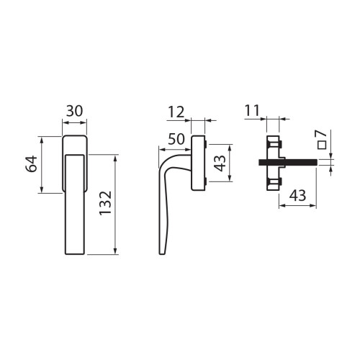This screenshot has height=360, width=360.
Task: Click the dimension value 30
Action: pyautogui.click(x=74, y=111)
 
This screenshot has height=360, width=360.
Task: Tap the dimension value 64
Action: pyautogui.click(x=32, y=164)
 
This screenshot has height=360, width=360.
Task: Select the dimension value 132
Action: pyautogui.click(x=106, y=203)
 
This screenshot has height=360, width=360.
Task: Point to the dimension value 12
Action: pyautogui.click(x=176, y=112)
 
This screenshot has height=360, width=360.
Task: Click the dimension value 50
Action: pyautogui.click(x=176, y=139)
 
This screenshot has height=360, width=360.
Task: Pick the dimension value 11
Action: pyautogui.click(x=252, y=110)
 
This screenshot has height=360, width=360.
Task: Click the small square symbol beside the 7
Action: pyautogui.click(x=322, y=145)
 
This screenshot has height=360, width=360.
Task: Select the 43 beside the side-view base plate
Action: pyautogui.click(x=220, y=163)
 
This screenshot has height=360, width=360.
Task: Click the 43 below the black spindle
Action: pyautogui.click(x=297, y=196)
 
